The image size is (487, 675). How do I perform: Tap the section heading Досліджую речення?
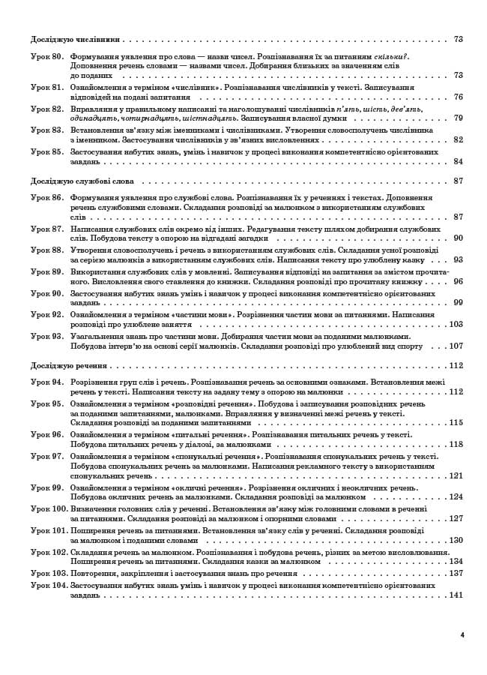tap(69, 366)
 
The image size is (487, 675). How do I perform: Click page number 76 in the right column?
tap(458, 97)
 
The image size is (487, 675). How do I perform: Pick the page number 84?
tap(458, 161)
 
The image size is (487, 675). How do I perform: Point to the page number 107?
tap(456, 346)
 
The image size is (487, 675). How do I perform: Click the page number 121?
tap(456, 475)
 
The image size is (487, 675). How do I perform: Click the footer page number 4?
tap(462, 635)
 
